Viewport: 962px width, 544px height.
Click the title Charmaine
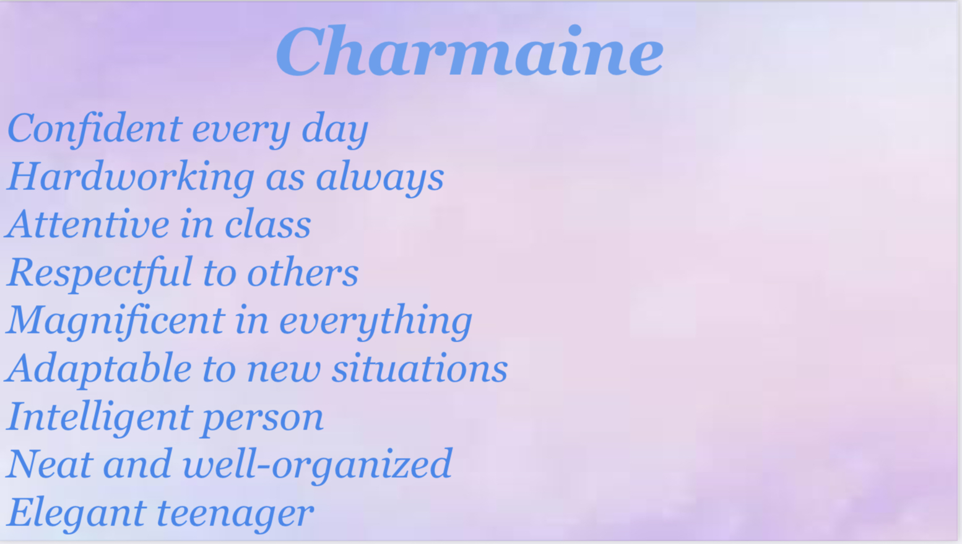point(470,51)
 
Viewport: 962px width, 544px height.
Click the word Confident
point(95,127)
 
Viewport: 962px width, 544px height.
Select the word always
point(380,178)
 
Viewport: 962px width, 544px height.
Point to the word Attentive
point(87,223)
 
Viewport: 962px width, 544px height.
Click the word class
point(267,223)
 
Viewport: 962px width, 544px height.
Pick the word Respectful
point(99,273)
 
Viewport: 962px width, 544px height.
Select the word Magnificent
point(115,321)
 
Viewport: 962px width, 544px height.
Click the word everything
point(376,321)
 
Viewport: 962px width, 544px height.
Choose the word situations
point(420,368)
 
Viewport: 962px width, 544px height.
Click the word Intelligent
point(99,417)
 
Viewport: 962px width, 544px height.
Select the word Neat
point(50,464)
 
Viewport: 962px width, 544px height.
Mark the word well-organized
point(318,465)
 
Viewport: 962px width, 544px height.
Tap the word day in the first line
point(335,129)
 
